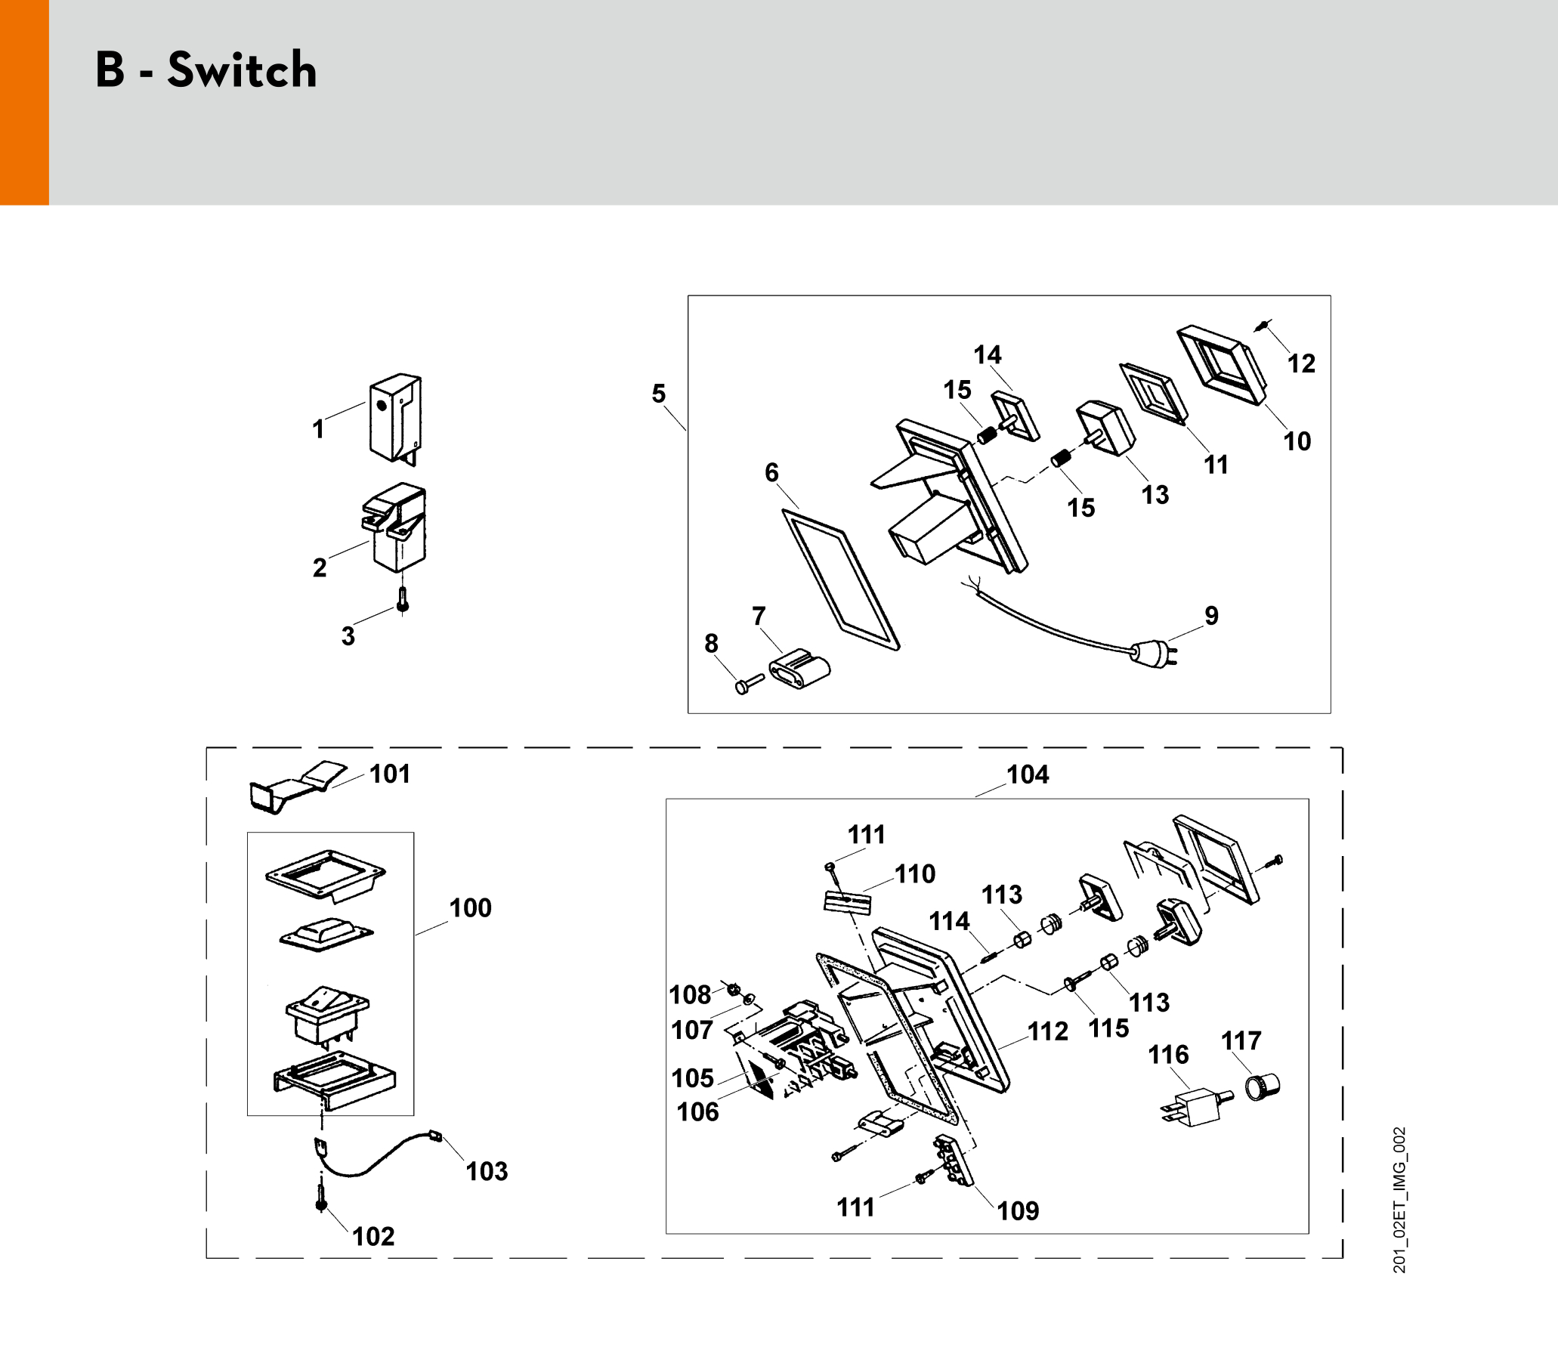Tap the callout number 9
1211,616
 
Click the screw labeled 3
403,603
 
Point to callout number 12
1301,364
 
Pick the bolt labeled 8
747,684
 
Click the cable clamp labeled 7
799,669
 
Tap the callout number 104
1027,774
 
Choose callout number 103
487,1171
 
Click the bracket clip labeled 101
295,785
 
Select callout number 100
471,908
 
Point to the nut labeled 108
732,989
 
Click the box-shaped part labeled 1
394,417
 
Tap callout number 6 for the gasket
771,472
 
